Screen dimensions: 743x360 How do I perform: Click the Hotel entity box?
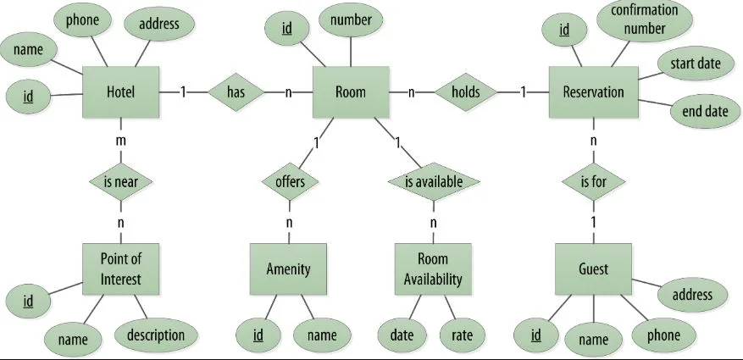point(121,91)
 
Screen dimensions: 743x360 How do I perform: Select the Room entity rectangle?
point(351,91)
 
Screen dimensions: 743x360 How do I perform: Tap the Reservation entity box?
point(593,91)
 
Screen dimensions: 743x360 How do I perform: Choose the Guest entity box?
point(593,269)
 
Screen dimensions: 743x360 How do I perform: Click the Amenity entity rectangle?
point(288,269)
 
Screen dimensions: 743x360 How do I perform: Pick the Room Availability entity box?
point(433,269)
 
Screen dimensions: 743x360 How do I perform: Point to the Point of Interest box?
point(121,269)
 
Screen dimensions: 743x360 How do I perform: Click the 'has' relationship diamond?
point(236,91)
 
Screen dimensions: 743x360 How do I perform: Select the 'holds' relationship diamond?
point(466,91)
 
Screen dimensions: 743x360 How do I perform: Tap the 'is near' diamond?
point(121,181)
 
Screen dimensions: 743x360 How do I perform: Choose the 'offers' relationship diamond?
point(290,181)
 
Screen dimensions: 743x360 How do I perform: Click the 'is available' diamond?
point(434,181)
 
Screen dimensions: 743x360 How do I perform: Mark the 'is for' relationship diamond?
point(593,181)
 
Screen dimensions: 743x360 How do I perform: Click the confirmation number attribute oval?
point(645,19)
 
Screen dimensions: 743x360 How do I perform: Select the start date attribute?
point(696,63)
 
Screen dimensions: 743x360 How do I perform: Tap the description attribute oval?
point(156,335)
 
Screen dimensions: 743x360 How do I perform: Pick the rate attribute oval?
point(462,335)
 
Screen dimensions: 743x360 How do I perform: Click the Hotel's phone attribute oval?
point(82,19)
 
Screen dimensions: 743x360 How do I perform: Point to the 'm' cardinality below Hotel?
point(121,141)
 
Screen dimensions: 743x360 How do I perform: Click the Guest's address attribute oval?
point(692,295)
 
